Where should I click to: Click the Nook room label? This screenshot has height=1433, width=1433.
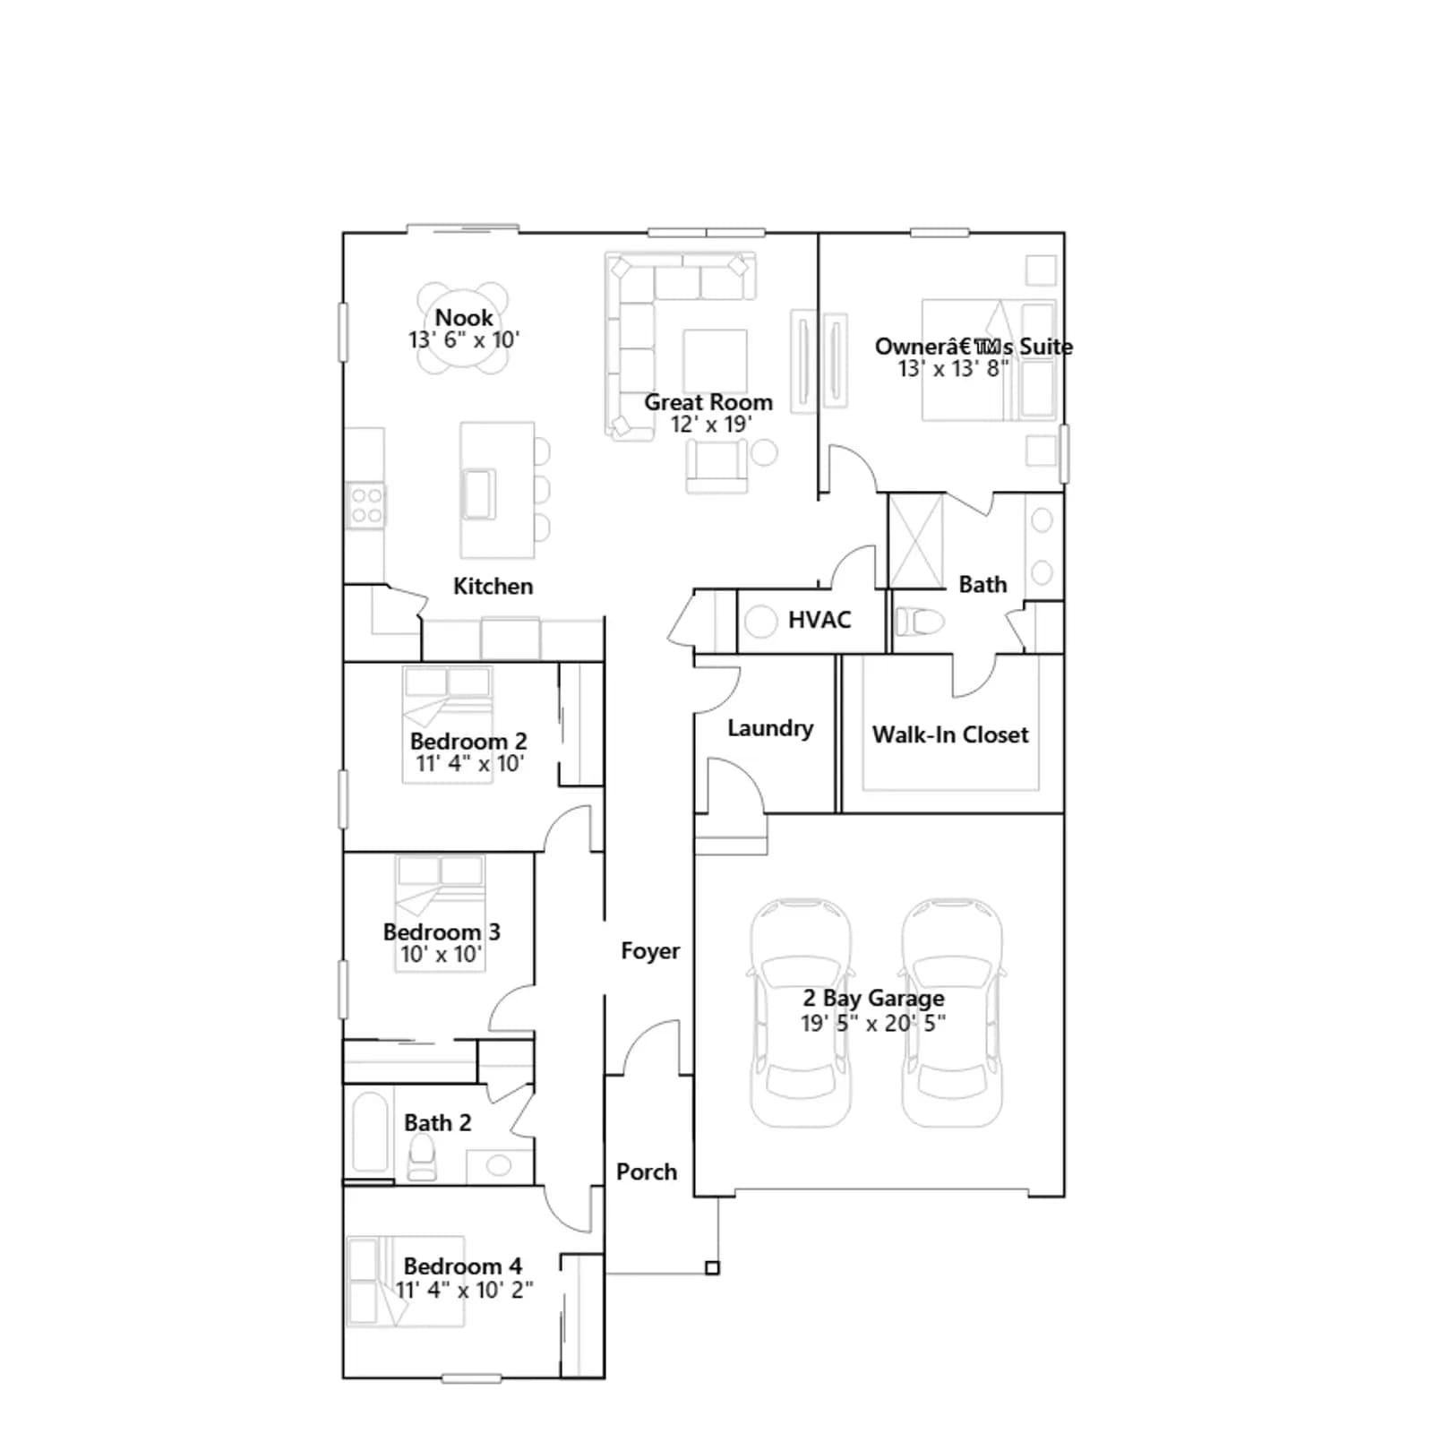coord(463,318)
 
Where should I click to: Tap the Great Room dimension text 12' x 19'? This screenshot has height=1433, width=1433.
coord(711,425)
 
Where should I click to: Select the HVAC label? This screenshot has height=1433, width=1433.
coord(819,620)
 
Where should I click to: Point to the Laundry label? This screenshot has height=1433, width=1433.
coord(770,728)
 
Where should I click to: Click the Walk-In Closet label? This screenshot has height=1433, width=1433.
coord(950,734)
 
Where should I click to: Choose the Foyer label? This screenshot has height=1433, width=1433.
coord(650,951)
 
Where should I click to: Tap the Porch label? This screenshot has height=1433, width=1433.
coord(647,1171)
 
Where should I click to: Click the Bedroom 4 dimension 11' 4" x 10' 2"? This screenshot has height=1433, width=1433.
coord(464,1290)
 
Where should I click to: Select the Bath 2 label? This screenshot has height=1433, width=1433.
coord(437,1123)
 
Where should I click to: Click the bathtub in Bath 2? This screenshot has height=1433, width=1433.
coord(370,1133)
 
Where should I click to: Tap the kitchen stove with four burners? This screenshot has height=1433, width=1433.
coord(366,505)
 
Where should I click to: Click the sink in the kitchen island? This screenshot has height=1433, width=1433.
coord(478,493)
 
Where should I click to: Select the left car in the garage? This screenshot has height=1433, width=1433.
coord(801,1012)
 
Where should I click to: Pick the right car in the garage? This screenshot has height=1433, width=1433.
coord(952,1012)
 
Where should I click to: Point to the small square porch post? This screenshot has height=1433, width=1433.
coord(712,1267)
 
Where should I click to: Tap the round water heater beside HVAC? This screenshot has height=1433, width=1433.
coord(760,622)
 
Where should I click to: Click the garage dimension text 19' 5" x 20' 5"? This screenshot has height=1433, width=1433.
coord(873,1024)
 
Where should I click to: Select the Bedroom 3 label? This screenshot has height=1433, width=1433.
coord(442,932)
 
